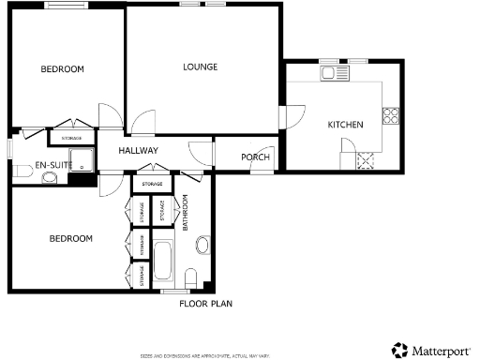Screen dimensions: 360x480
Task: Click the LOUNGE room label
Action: [201, 67]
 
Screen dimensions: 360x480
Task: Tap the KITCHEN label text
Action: [344, 125]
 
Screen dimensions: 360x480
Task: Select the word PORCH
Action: [255, 157]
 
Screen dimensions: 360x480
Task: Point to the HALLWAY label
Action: [138, 151]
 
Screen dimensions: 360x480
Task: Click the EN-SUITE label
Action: [53, 165]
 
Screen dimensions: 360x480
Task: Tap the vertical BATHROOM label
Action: [186, 213]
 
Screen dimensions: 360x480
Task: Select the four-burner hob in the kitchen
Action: [389, 117]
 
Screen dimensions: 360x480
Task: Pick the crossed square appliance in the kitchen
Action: [365, 160]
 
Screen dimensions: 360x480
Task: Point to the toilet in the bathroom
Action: [192, 278]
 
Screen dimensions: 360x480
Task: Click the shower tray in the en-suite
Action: [82, 159]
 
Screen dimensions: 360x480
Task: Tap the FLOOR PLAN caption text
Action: [205, 304]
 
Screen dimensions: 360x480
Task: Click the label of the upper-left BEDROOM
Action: [62, 69]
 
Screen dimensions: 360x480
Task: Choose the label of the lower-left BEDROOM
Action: [71, 239]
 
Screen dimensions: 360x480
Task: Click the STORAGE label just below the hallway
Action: [152, 184]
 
